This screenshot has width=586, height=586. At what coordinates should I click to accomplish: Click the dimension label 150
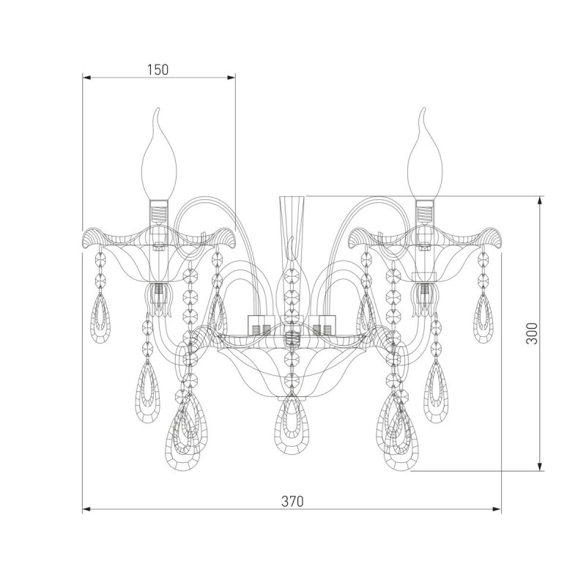(x=158, y=70)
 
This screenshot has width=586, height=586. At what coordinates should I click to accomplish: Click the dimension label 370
(x=292, y=501)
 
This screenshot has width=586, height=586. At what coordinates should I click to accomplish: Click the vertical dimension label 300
(x=532, y=333)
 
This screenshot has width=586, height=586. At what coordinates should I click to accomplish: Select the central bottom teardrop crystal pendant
(x=292, y=425)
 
